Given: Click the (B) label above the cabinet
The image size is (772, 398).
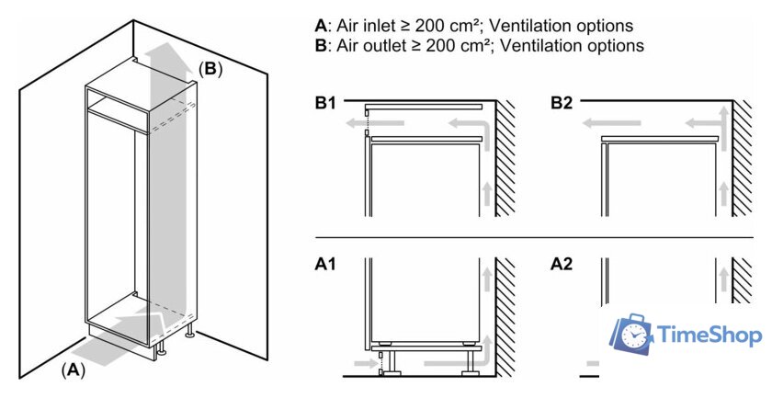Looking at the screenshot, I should tap(210, 69).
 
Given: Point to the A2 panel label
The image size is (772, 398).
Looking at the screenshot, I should tap(562, 265).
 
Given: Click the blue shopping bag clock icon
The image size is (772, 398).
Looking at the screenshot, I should tap(632, 336).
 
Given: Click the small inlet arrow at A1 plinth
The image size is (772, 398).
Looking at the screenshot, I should tap(364, 365).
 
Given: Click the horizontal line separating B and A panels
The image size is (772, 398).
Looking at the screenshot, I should tap(533, 237).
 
